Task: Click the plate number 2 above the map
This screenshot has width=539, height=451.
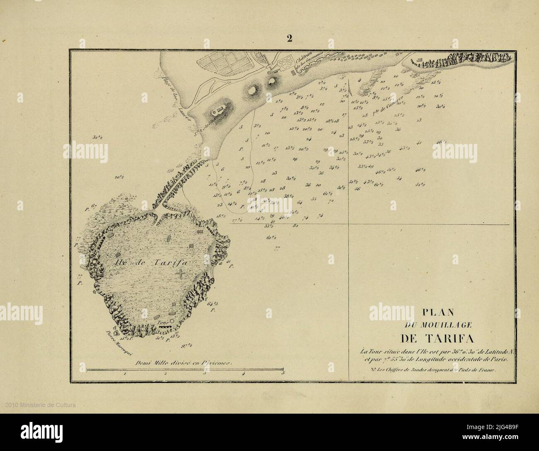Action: point(289,39)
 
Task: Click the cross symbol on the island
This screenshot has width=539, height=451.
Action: point(181,274)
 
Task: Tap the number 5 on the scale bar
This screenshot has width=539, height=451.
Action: point(283,374)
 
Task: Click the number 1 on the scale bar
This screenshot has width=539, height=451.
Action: point(125,374)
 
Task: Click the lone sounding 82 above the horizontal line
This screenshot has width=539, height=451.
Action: point(295,226)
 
